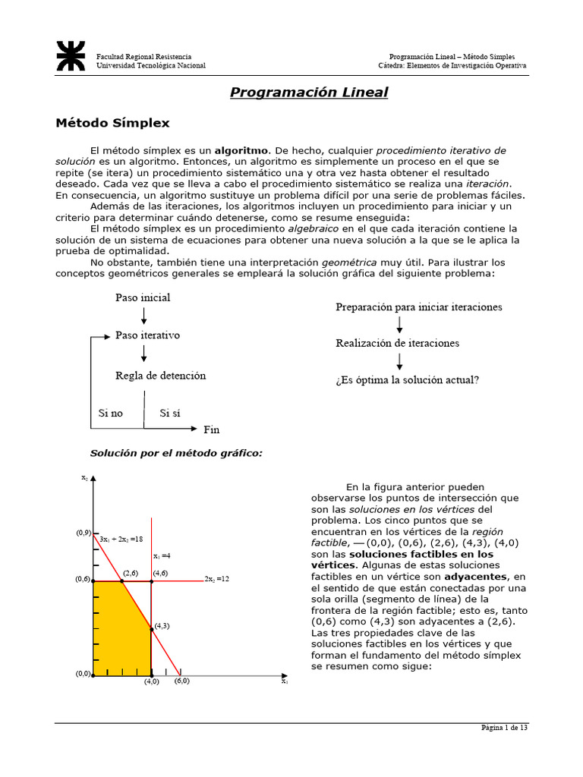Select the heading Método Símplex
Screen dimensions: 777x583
point(113,122)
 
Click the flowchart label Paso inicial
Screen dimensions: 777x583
point(143,297)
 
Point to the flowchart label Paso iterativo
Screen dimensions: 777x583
point(147,335)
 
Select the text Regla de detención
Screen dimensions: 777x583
point(160,376)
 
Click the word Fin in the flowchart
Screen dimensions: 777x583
point(211,429)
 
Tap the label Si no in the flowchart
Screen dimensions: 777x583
point(110,414)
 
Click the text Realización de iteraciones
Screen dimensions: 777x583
point(397,343)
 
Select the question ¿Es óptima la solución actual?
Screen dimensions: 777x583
point(407,379)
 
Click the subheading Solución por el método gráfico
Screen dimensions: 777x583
point(176,453)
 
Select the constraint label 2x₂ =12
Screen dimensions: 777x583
point(216,578)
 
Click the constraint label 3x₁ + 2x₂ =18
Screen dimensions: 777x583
point(121,539)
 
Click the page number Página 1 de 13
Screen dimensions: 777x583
point(504,728)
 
